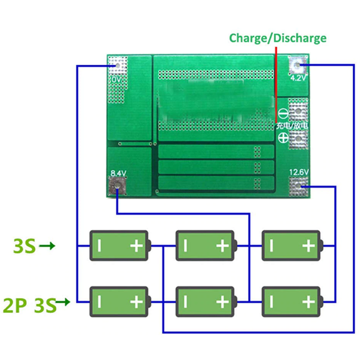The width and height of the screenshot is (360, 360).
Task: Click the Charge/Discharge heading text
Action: [277, 38]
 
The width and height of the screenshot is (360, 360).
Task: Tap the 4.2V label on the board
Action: [298, 78]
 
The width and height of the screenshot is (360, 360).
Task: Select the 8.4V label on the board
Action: [118, 173]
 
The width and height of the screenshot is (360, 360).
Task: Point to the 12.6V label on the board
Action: [298, 172]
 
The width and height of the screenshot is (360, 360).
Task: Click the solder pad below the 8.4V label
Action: [117, 186]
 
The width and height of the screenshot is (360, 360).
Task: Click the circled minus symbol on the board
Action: [283, 111]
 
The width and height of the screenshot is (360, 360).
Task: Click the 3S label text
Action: [24, 246]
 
